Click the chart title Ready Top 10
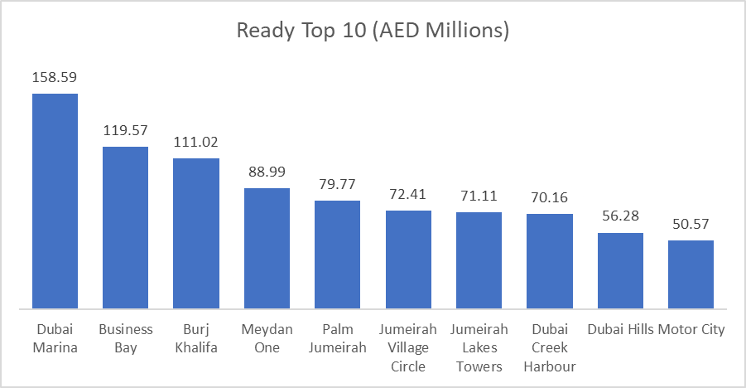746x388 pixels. [x=372, y=32]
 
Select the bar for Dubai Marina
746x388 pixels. [x=55, y=201]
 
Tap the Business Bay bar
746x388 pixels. [x=125, y=228]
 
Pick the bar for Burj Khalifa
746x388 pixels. [x=196, y=234]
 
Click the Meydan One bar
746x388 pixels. [x=267, y=249]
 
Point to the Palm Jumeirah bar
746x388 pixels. [x=337, y=255]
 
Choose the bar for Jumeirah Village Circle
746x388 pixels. [x=408, y=260]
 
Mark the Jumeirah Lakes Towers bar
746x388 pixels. [x=479, y=261]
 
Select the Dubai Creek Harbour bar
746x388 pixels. [x=550, y=262]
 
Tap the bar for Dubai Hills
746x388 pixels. [x=620, y=271]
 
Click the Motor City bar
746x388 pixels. [x=691, y=275]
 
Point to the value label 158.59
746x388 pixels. [x=55, y=77]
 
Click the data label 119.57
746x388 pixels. [x=125, y=130]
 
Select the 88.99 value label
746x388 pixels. [x=267, y=172]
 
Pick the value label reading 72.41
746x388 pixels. [x=408, y=194]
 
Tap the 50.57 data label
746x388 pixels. [x=691, y=224]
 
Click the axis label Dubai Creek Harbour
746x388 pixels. [x=550, y=347]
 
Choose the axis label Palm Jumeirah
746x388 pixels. [x=337, y=338]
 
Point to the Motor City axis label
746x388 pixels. [x=691, y=329]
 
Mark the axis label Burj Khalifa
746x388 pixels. [x=196, y=338]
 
